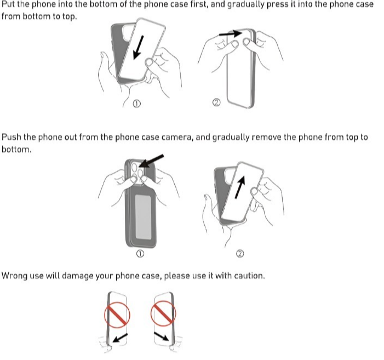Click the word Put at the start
8,4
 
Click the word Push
12,137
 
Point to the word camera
176,138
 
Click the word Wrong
14,276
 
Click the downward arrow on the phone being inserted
139,48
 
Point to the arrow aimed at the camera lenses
151,161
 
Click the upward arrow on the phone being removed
240,187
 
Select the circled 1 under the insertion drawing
136,104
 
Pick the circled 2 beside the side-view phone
216,102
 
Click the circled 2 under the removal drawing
240,254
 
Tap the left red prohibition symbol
117,315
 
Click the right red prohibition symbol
163,313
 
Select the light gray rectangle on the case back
144,217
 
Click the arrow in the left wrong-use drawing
121,338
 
